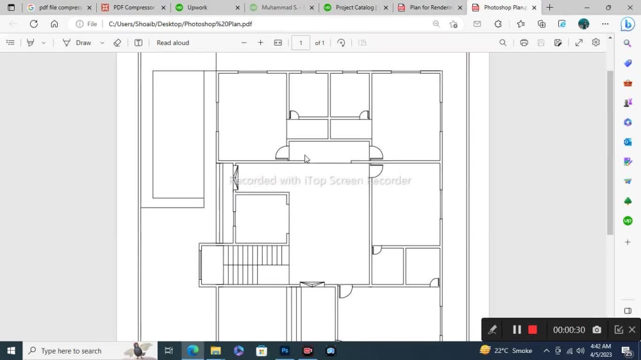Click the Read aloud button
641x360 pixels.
[x=172, y=43]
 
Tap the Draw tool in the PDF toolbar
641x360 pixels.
[x=77, y=43]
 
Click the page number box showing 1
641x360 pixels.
[x=301, y=43]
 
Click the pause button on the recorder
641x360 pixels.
[x=517, y=330]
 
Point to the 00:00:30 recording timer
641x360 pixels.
[x=569, y=330]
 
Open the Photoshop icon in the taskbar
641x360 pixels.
[x=285, y=351]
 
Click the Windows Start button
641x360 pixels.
[x=11, y=351]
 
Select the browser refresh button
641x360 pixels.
[x=33, y=24]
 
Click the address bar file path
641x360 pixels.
[x=179, y=24]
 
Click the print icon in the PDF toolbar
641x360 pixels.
[x=524, y=43]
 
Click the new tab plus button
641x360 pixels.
[x=549, y=8]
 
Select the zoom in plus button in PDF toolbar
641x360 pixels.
[x=260, y=43]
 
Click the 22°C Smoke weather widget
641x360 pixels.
[x=506, y=351]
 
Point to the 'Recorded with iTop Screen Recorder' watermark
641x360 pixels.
[x=320, y=181]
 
